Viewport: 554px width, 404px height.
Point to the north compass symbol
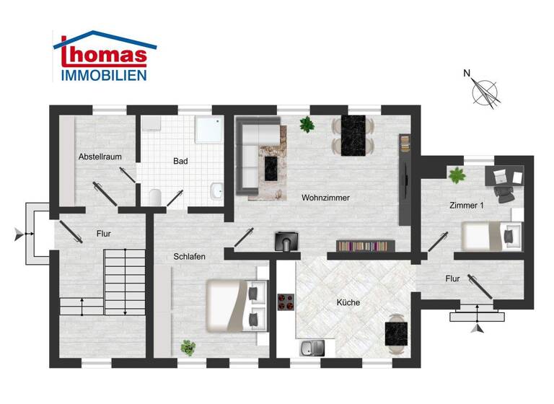(485, 92)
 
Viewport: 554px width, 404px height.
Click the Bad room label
(180, 161)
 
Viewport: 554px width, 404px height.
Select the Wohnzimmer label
(325, 196)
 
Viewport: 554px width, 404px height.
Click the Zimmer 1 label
(467, 206)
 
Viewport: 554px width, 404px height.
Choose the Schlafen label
(189, 256)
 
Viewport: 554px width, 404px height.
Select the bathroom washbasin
(216, 192)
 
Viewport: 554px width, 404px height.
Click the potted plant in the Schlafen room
(188, 347)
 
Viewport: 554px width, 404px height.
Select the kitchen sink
(312, 348)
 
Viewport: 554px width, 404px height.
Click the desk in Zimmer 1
(506, 177)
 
